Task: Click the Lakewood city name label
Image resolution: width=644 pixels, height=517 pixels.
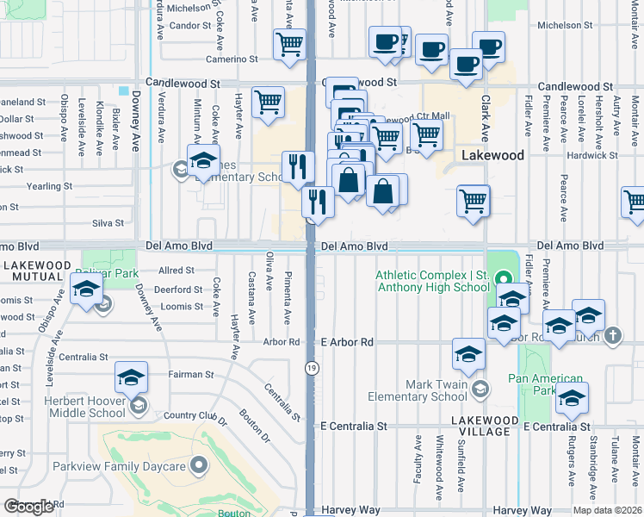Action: [x=492, y=156]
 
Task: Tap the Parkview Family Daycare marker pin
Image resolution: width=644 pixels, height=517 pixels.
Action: [x=200, y=466]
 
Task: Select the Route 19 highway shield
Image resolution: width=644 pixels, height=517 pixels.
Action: [x=310, y=368]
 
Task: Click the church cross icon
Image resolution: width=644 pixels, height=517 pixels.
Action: [x=612, y=334]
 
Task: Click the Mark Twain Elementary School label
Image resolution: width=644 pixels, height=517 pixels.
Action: [x=417, y=389]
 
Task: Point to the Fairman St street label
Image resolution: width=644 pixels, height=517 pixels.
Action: [x=191, y=375]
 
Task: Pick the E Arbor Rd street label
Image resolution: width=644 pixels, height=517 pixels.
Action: [x=346, y=342]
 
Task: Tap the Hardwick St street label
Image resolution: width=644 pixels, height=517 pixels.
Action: [x=589, y=156]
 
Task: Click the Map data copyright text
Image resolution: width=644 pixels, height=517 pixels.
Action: [x=607, y=510]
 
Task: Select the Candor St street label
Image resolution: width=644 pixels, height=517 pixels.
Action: [x=190, y=27]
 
